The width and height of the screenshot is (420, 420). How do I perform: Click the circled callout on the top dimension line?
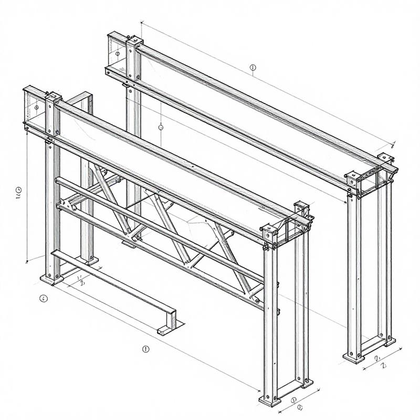(x=253, y=67)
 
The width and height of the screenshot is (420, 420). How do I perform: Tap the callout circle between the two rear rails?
(x=160, y=127)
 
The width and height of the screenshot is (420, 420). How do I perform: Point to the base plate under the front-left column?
(x=51, y=279)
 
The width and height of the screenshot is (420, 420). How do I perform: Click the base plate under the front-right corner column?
(x=270, y=401)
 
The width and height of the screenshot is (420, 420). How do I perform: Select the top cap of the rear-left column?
(x=134, y=40)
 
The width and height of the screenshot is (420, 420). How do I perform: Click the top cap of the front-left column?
(x=54, y=97)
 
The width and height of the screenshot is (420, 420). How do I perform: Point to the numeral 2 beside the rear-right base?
(x=383, y=365)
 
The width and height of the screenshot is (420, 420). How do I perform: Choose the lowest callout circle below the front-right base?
(x=300, y=406)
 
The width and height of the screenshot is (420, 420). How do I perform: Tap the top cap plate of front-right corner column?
(x=269, y=228)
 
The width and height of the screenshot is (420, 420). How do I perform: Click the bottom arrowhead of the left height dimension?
(x=27, y=261)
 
